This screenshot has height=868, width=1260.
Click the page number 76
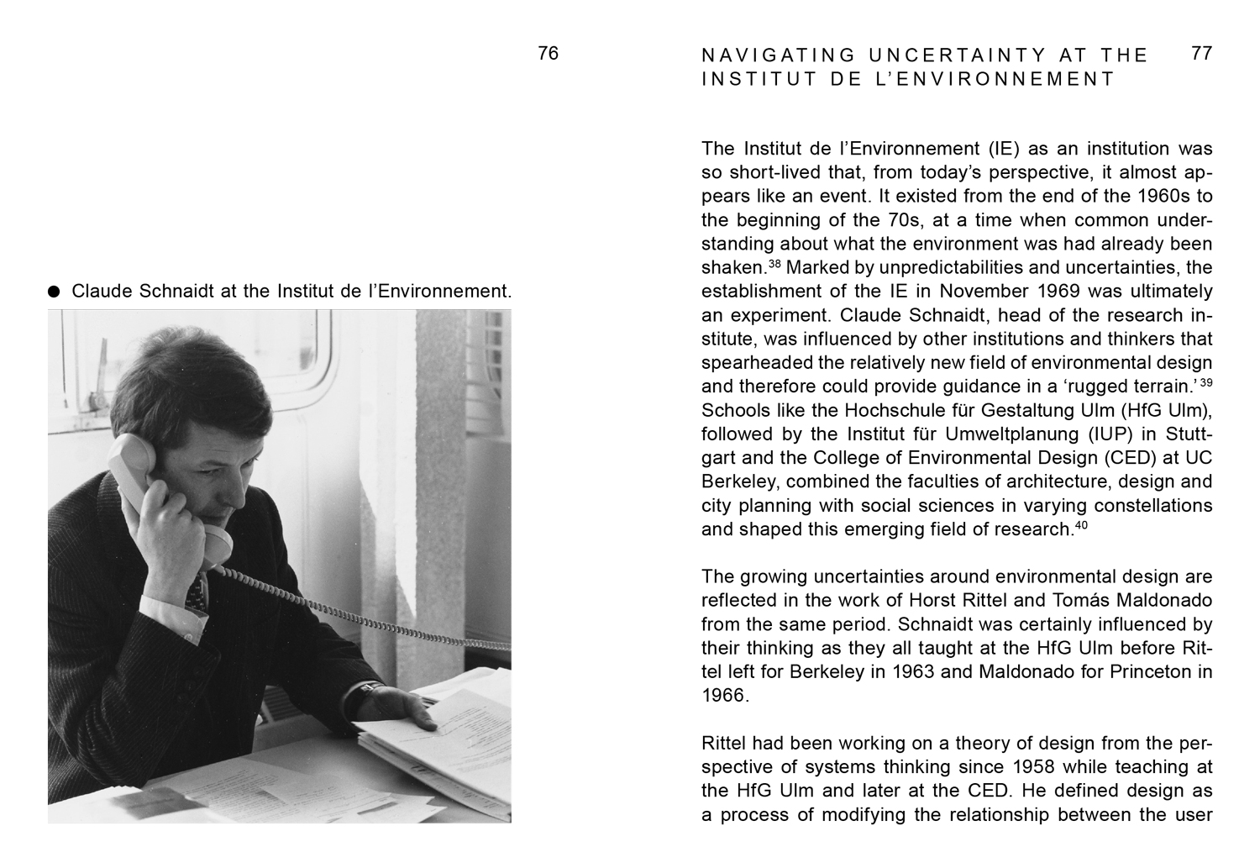coord(548,54)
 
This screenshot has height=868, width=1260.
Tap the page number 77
coord(1202,54)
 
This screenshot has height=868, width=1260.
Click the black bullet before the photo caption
coord(55,292)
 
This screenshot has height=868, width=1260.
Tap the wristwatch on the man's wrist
coord(363,693)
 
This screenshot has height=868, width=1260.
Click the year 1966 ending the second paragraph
coord(723,696)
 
